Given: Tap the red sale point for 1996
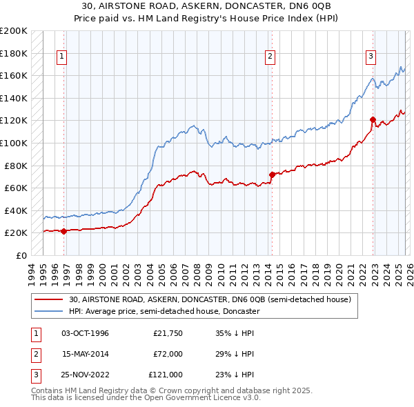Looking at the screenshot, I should click(63, 231).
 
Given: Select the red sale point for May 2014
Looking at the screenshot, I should click(272, 175).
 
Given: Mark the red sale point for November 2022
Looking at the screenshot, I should click(373, 119).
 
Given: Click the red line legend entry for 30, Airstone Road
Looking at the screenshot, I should click(210, 299).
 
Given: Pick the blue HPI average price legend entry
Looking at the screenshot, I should click(164, 311).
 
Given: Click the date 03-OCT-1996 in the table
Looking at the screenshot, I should click(85, 333).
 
